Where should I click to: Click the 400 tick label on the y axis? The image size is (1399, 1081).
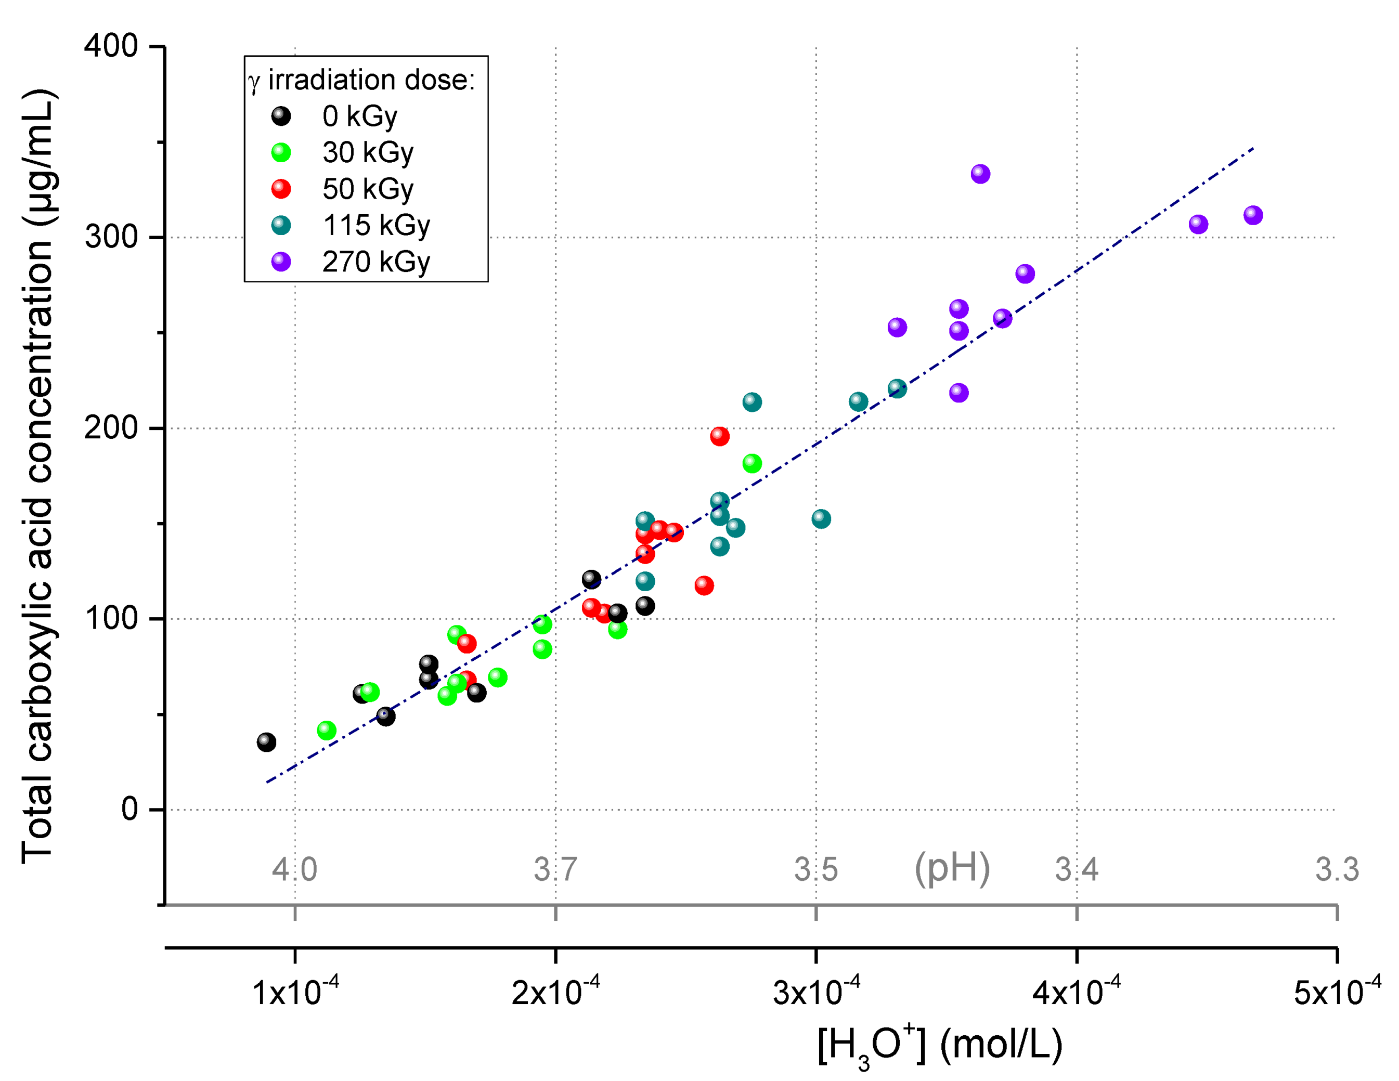pos(111,46)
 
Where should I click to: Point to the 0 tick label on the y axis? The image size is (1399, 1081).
pos(130,810)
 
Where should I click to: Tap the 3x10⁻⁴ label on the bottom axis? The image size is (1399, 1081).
pos(816,992)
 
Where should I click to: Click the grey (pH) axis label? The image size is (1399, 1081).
pos(952,868)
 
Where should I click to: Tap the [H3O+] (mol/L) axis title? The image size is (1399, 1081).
pos(940,1046)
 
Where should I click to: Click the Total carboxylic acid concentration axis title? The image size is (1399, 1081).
pos(38,477)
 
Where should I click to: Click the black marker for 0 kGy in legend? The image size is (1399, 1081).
pos(281,116)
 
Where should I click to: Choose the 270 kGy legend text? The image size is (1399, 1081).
pos(376,262)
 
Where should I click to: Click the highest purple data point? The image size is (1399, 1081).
pos(980,174)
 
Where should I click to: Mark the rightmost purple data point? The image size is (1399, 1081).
pos(1253,215)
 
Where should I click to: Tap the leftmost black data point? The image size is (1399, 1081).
pos(266,742)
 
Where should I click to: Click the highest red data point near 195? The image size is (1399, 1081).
pos(719,436)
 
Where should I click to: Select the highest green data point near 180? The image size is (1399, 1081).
pos(752,463)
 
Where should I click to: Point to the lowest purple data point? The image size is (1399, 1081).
pos(958,393)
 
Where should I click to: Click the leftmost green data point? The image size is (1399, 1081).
pos(327,730)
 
